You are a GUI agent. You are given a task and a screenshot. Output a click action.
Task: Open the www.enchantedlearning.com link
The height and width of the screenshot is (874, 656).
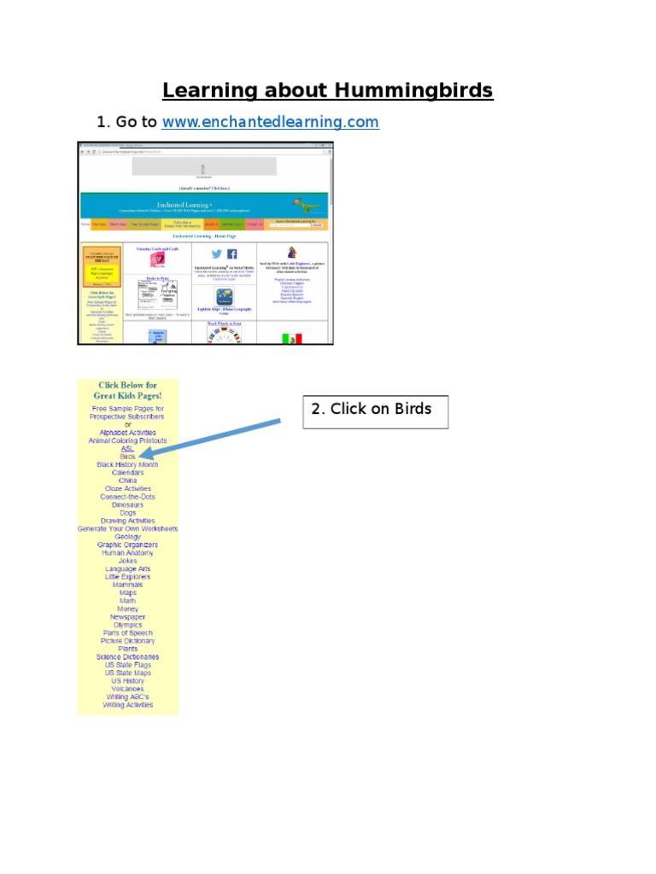click(x=270, y=122)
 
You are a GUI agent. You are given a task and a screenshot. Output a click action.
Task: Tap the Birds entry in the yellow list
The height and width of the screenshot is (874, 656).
click(x=127, y=457)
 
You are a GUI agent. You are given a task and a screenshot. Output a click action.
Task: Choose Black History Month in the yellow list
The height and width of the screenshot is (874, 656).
click(x=127, y=464)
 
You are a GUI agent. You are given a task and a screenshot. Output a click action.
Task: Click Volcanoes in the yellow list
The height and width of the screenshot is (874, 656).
click(x=127, y=689)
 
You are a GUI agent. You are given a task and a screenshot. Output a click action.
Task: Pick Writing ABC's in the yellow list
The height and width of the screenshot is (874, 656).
click(x=127, y=696)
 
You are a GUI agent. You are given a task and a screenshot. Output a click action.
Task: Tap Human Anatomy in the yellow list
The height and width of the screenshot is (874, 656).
click(x=127, y=553)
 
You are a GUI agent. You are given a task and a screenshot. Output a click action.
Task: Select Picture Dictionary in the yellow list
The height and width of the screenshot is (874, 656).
click(x=127, y=641)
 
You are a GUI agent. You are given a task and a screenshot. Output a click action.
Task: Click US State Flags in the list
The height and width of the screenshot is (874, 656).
click(x=127, y=665)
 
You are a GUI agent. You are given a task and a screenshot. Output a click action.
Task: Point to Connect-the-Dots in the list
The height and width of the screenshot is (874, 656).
click(x=127, y=497)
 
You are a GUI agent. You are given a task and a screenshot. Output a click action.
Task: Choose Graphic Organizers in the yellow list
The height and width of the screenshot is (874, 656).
click(x=127, y=545)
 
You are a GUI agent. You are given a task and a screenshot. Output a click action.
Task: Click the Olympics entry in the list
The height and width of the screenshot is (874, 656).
click(x=127, y=625)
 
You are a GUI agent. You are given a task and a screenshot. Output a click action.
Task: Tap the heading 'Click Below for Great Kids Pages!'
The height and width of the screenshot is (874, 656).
click(x=127, y=390)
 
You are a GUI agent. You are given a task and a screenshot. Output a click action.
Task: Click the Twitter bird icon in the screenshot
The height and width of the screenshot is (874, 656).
click(x=216, y=253)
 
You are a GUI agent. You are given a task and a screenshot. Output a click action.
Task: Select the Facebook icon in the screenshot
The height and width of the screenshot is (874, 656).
click(x=231, y=253)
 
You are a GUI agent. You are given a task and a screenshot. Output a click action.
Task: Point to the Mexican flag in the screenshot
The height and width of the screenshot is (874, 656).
click(x=292, y=338)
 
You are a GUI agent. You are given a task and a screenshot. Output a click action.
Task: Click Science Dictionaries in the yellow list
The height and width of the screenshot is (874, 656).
click(x=127, y=657)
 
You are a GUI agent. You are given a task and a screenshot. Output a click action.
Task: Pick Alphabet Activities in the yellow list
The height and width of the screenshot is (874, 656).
click(x=127, y=433)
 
